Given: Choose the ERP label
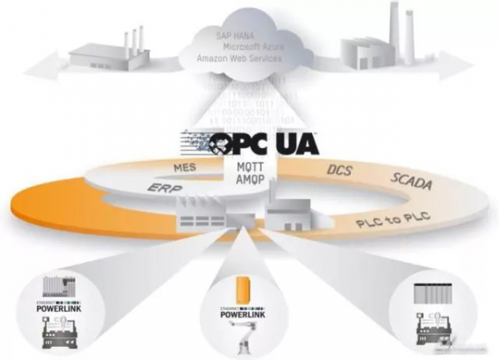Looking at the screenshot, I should (x=168, y=190).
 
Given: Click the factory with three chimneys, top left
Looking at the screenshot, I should (x=116, y=52).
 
